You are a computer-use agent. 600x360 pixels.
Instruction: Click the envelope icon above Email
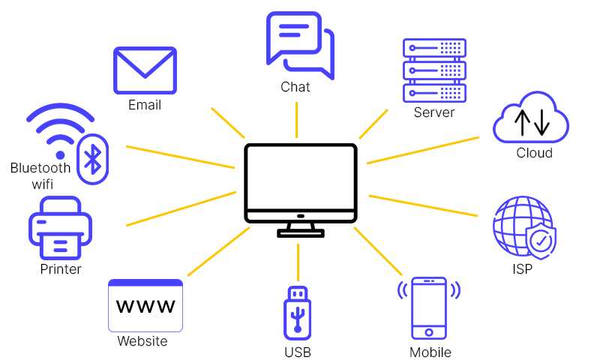[x=145, y=70]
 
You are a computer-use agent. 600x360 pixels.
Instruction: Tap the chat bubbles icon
[x=299, y=44]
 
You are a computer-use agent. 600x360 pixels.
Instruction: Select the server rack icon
[x=434, y=70]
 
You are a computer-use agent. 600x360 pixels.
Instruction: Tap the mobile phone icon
[x=429, y=308]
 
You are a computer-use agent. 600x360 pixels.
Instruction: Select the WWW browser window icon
[x=145, y=305]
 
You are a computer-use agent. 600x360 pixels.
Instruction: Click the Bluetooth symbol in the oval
[x=93, y=159]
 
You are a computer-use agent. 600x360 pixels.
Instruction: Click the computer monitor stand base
[x=300, y=233]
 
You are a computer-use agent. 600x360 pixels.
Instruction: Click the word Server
[x=434, y=112]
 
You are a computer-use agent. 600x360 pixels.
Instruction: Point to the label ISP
[x=522, y=269]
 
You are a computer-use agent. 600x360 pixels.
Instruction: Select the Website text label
[x=142, y=341]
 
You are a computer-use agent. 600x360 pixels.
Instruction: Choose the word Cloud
[x=534, y=153]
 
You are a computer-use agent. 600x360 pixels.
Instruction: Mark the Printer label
[x=61, y=268]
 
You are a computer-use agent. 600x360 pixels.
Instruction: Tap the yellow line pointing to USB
[x=298, y=261]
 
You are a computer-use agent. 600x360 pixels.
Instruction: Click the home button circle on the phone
[x=429, y=331]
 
